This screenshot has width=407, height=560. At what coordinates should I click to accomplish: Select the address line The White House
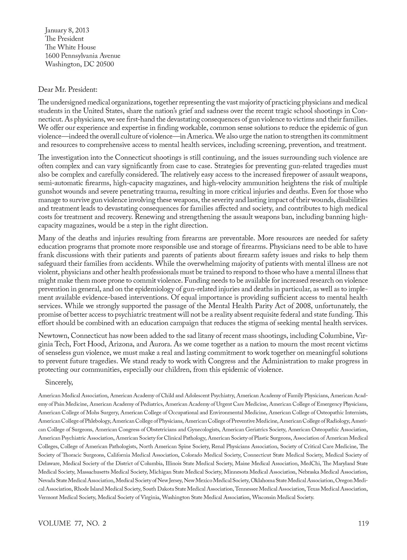click(71, 47)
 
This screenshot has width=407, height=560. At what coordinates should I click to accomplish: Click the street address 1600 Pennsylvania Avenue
click(83, 56)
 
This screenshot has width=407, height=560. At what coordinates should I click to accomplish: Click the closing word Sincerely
click(59, 382)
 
